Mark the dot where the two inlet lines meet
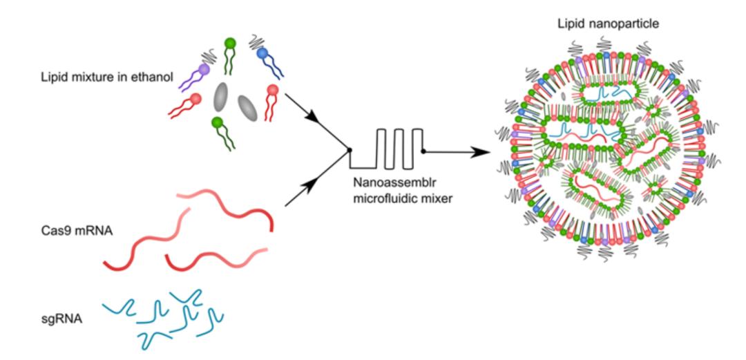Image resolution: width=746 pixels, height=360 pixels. click(350, 150)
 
